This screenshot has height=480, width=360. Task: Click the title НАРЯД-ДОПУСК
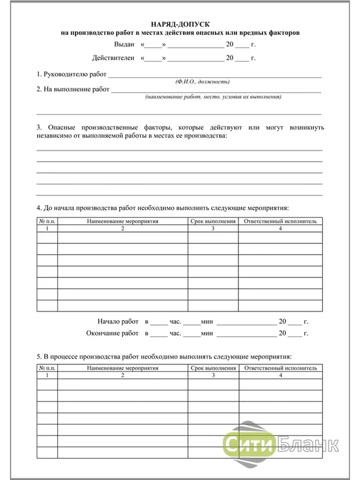pos(180,25)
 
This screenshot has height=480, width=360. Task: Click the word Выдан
pos(124,44)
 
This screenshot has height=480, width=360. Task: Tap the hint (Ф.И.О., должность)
pos(202,82)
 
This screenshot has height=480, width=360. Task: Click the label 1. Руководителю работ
pos(72,74)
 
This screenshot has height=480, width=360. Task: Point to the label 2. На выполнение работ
pos(73,90)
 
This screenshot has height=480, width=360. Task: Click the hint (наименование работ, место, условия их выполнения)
pos(213,97)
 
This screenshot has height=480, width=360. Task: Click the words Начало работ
pos(118,322)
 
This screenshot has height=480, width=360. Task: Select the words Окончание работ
pos(112,333)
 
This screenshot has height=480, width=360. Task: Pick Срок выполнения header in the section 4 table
pos(213,221)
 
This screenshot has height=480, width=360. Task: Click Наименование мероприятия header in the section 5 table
pos(122,368)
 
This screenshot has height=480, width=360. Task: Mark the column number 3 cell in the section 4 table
pos(213,228)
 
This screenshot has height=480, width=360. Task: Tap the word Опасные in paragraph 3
pos(60,128)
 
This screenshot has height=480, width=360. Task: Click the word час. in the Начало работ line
pos(176,322)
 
